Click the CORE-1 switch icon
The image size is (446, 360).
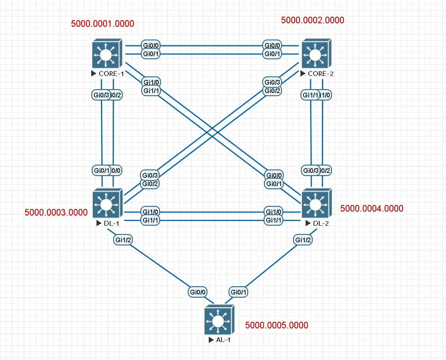point(106,54)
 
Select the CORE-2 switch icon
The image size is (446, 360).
point(315,54)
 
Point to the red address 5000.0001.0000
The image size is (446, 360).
point(103,24)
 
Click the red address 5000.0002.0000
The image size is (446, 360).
point(312,20)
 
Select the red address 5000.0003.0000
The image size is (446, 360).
point(56,213)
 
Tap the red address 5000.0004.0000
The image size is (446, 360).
point(372,209)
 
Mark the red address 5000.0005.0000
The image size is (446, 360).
point(277,325)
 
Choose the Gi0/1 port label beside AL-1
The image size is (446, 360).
point(239,292)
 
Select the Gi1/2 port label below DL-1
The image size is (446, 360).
point(123,240)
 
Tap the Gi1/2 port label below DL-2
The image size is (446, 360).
point(303,240)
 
